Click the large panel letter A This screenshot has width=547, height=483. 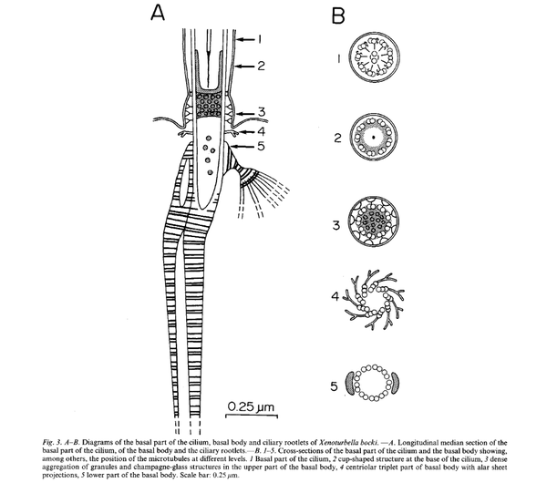[x=158, y=13]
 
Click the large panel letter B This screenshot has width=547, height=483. [x=338, y=15]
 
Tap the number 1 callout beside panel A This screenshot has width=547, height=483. [x=259, y=39]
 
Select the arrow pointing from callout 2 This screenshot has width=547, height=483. [x=245, y=66]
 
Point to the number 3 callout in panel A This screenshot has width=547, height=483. [x=262, y=112]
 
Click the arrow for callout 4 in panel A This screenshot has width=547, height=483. [x=247, y=132]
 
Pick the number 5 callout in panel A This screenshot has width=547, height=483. [x=262, y=146]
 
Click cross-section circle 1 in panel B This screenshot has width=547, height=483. [x=374, y=57]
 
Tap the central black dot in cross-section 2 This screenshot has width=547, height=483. [x=374, y=137]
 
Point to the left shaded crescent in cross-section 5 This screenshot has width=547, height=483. [x=350, y=384]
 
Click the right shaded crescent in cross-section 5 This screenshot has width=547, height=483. [x=396, y=383]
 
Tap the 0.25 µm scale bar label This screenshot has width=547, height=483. [x=251, y=406]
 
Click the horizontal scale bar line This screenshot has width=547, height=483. [x=252, y=416]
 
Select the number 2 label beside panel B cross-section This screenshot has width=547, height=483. [x=337, y=139]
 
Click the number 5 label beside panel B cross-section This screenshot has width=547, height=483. [x=335, y=386]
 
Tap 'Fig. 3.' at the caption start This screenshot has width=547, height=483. [x=52, y=443]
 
